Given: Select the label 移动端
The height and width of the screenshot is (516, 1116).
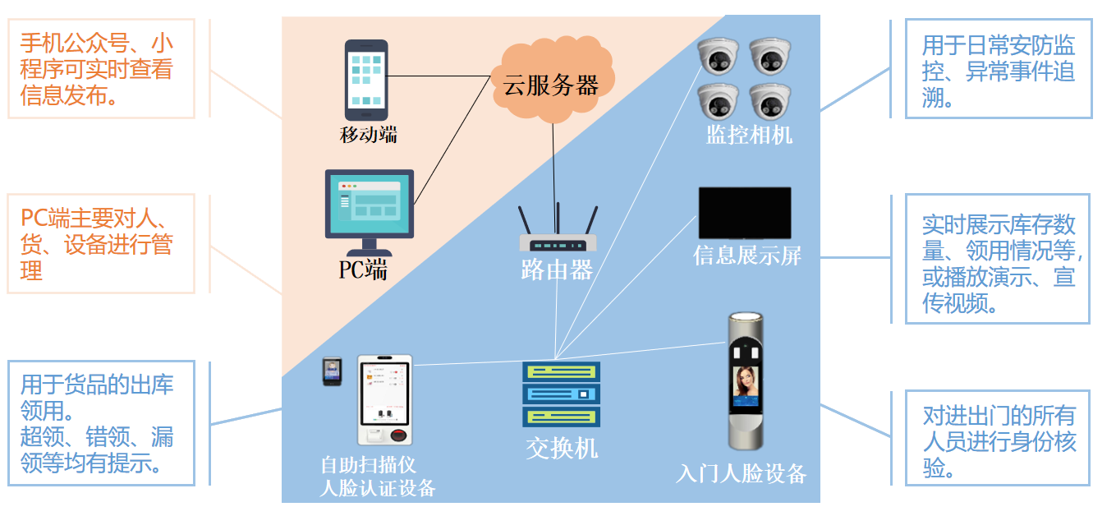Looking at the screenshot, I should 369,134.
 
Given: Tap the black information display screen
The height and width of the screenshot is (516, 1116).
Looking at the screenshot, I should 745,213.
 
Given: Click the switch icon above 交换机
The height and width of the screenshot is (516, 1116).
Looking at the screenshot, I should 562,394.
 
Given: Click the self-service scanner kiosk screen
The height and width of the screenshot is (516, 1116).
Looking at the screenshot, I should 385,389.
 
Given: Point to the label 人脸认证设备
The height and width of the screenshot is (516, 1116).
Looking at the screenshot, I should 377,488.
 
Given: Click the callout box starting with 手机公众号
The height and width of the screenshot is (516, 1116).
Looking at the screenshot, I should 101,69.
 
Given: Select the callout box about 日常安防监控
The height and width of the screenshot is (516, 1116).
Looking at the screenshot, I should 998,69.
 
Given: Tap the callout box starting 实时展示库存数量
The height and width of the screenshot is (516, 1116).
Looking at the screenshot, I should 997,259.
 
